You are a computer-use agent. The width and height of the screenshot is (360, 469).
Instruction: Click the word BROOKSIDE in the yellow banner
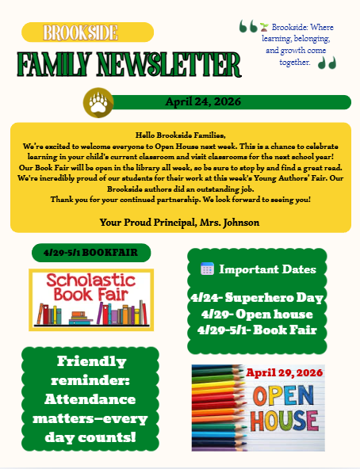point(81,32)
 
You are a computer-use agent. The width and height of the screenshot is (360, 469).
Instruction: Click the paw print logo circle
point(99,102)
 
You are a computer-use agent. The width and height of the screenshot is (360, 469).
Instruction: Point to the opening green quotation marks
point(248,27)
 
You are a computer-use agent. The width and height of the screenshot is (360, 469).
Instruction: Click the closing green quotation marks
point(327,62)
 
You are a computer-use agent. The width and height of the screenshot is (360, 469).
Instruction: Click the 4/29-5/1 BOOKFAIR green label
point(90,253)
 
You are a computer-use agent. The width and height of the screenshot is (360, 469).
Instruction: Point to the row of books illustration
point(91,312)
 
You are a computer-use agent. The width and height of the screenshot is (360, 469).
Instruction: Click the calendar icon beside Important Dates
point(207,269)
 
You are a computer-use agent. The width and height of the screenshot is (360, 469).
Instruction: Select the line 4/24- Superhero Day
point(257,299)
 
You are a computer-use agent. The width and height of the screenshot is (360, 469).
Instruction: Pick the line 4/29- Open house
point(257,314)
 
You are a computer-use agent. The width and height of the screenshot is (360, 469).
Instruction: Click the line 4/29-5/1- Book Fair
point(257,329)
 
